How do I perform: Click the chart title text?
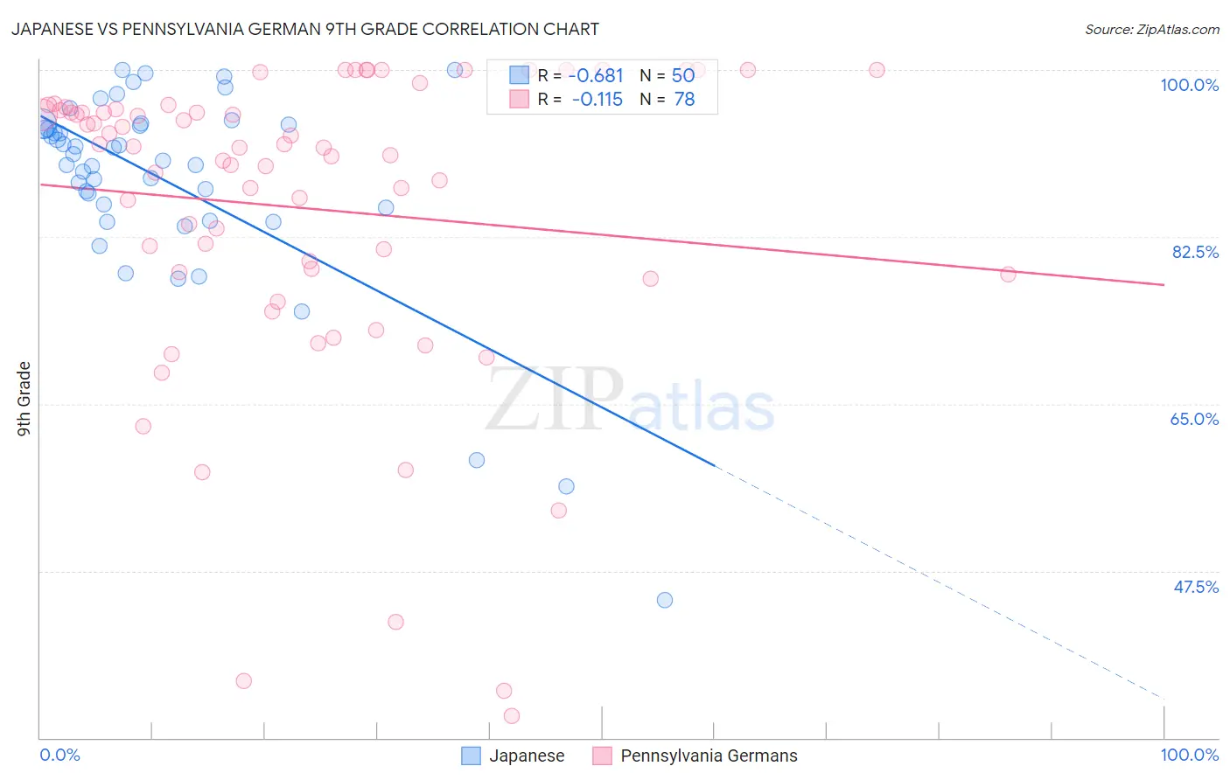tap(305, 29)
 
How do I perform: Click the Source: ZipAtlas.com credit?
tap(1151, 30)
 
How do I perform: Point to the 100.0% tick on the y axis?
tap(1189, 85)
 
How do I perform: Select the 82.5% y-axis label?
tap(1194, 252)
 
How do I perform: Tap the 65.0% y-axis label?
tap(1194, 419)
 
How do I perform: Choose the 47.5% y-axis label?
tap(1195, 587)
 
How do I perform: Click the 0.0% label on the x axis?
tap(59, 755)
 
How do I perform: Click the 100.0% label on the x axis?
tap(1189, 755)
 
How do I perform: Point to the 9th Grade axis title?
tap(24, 398)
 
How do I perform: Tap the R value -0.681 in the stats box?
tap(596, 76)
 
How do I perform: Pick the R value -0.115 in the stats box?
tap(597, 100)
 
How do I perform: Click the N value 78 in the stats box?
tap(684, 100)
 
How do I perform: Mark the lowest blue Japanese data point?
tap(665, 600)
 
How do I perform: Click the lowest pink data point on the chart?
tap(512, 716)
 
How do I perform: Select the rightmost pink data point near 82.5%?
tap(1008, 275)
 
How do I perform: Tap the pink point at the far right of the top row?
tap(877, 70)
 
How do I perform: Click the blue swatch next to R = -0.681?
tap(520, 76)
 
